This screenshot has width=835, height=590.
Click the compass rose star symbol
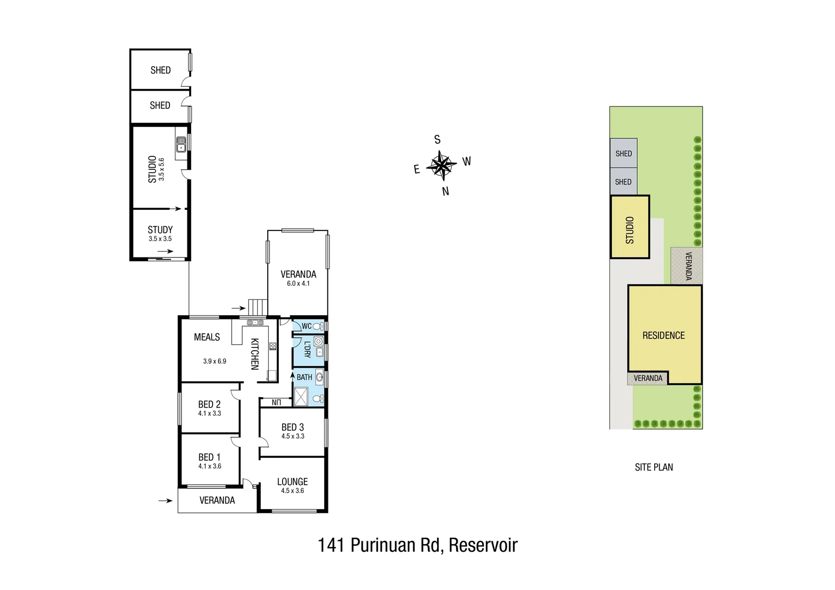[x=442, y=165]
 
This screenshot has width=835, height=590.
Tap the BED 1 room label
[x=209, y=457]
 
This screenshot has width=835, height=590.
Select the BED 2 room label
[x=209, y=404]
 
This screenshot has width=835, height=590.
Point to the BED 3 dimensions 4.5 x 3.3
[x=293, y=436]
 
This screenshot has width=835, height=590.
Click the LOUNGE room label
[x=292, y=481]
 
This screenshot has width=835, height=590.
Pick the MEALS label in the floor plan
[x=207, y=337]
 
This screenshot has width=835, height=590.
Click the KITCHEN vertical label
[x=255, y=354]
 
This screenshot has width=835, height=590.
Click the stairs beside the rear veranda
[x=257, y=307]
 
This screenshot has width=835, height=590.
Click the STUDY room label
[x=160, y=229]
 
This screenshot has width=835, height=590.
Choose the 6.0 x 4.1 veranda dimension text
[x=298, y=284]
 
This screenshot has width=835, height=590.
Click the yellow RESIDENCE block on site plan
[x=663, y=335]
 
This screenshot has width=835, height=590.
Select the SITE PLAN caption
[x=654, y=467]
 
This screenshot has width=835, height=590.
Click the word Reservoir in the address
[x=483, y=545]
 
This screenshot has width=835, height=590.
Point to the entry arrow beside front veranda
[x=165, y=500]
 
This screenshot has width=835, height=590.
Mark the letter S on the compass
[x=437, y=140]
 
